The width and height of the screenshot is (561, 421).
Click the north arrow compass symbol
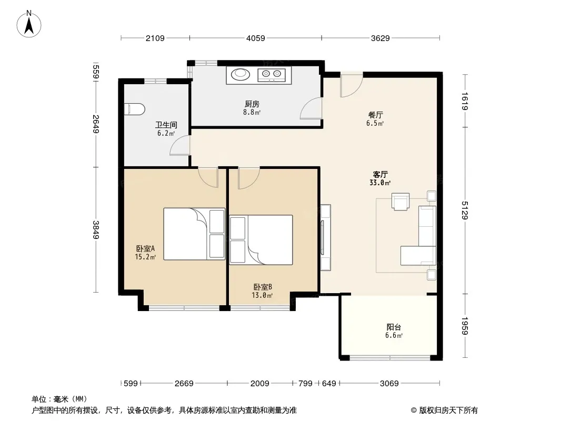pos(29,24)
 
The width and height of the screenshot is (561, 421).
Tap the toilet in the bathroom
pos(135,109)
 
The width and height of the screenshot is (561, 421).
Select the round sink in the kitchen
pos(239,74)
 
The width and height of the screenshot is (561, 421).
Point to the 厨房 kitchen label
pos(252,104)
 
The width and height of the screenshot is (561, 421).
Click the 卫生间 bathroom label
pos(166,125)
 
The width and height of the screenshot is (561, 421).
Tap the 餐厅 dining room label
pos(375,115)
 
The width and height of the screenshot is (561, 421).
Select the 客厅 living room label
pos(380,175)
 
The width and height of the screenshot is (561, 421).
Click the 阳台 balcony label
pos(394,327)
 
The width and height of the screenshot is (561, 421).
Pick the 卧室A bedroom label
pos(145,248)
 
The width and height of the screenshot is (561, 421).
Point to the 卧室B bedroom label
pos(263,287)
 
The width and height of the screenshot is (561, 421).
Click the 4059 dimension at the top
pos(255,38)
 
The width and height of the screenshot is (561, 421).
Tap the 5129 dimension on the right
pos(465,210)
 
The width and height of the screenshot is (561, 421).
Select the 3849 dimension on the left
pos(96,229)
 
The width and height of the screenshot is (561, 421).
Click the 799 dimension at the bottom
pos(305,384)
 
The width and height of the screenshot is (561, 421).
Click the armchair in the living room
pos(400,202)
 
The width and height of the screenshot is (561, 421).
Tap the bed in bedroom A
pos(194,234)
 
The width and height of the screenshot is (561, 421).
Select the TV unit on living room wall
pos(325,237)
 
